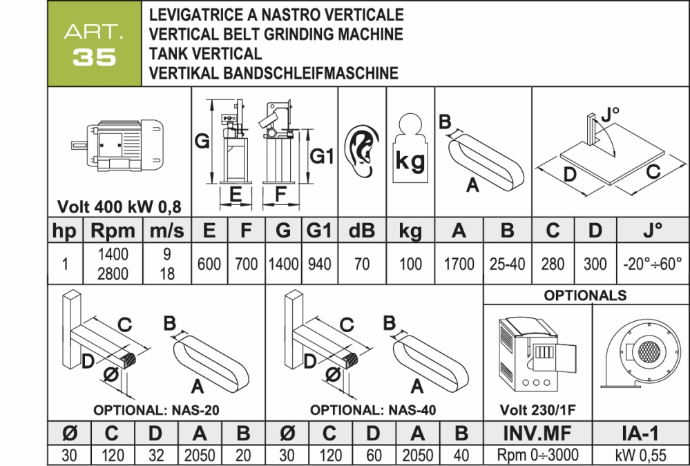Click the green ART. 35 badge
pyautogui.click(x=95, y=46)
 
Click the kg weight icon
pyautogui.click(x=410, y=153)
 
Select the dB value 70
pyautogui.click(x=361, y=264)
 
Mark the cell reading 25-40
pyautogui.click(x=507, y=264)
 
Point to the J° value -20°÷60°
pyautogui.click(x=653, y=264)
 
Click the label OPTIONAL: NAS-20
pyautogui.click(x=156, y=409)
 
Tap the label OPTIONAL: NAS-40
pyautogui.click(x=373, y=409)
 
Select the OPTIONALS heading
pyautogui.click(x=586, y=295)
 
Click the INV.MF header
pyautogui.click(x=537, y=434)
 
